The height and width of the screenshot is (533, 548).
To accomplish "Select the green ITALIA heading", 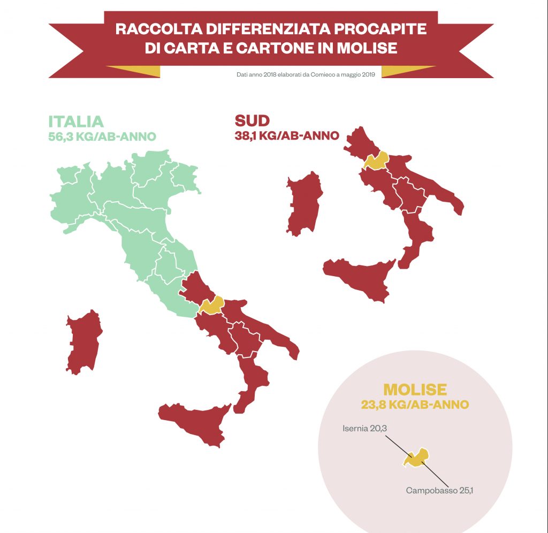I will pyautogui.click(x=76, y=121).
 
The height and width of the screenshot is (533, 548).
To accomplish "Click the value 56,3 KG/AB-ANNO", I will pyautogui.click(x=102, y=136).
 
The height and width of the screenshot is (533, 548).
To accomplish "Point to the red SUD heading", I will pyautogui.click(x=252, y=120).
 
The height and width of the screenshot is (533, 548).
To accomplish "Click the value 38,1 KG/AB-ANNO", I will pyautogui.click(x=287, y=135).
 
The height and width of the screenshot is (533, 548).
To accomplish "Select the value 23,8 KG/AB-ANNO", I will pyautogui.click(x=415, y=405).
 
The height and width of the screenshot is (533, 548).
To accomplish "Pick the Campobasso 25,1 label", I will pyautogui.click(x=439, y=490).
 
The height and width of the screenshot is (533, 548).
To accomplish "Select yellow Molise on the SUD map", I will pyautogui.click(x=376, y=161).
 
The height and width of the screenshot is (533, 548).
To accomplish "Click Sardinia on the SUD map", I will pyautogui.click(x=304, y=203).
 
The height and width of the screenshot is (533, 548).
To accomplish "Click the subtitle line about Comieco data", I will pyautogui.click(x=305, y=75).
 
